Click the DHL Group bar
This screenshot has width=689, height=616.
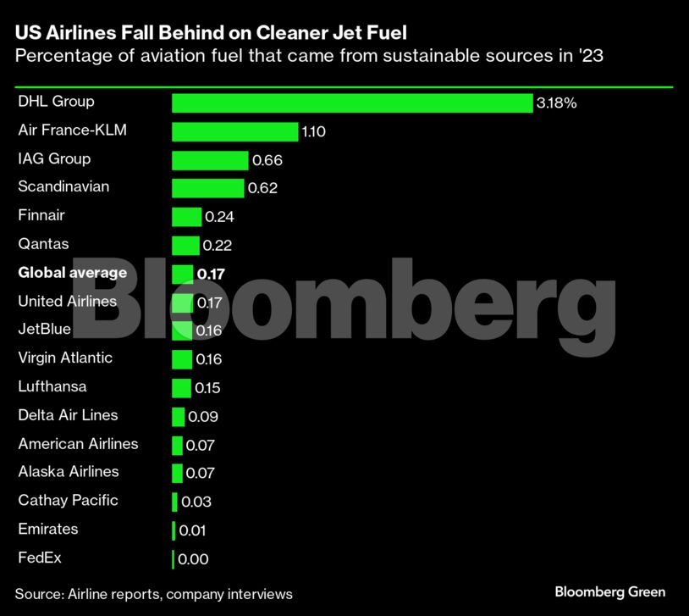(351, 103)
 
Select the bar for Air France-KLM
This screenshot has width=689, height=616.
(234, 131)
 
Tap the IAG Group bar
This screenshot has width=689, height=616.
(210, 160)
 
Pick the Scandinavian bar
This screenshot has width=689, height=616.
(207, 188)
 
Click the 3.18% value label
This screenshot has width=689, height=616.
(556, 103)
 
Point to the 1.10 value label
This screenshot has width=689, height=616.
(314, 132)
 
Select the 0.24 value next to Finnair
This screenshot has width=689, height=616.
(219, 217)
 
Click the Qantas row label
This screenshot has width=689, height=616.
(43, 244)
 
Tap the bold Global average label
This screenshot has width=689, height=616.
(72, 273)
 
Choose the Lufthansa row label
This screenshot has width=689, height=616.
(52, 386)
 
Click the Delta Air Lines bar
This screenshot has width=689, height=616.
(178, 416)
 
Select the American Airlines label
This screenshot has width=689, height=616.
(78, 443)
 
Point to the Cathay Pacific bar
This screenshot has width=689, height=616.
(174, 502)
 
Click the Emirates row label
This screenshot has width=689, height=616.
(47, 529)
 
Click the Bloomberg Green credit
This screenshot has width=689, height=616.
(609, 591)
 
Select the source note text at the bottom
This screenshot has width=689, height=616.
(153, 594)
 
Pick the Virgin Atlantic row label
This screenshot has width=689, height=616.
(65, 358)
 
